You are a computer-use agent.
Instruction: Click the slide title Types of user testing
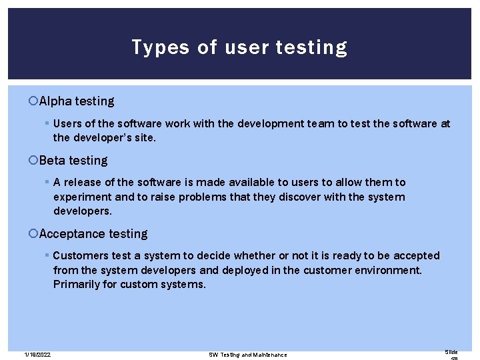[239, 47]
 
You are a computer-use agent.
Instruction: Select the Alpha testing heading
[77, 101]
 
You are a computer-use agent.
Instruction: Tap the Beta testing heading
[73, 161]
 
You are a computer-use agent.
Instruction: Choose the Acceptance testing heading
[93, 234]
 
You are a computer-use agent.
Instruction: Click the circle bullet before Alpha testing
[34, 101]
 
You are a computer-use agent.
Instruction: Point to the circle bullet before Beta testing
[34, 161]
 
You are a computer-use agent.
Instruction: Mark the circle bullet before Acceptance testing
[34, 234]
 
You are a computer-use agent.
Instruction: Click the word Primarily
[77, 285]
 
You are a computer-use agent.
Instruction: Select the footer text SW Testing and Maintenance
[248, 355]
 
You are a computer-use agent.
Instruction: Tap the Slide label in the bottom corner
[451, 352]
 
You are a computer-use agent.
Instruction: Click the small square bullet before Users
[47, 123]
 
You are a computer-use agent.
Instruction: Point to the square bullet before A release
[47, 182]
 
